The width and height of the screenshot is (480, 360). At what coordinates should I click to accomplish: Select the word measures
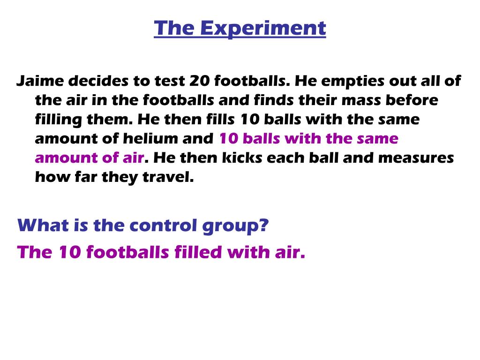[x=416, y=158]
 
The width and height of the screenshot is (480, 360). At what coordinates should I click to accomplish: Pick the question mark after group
[x=264, y=226]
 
